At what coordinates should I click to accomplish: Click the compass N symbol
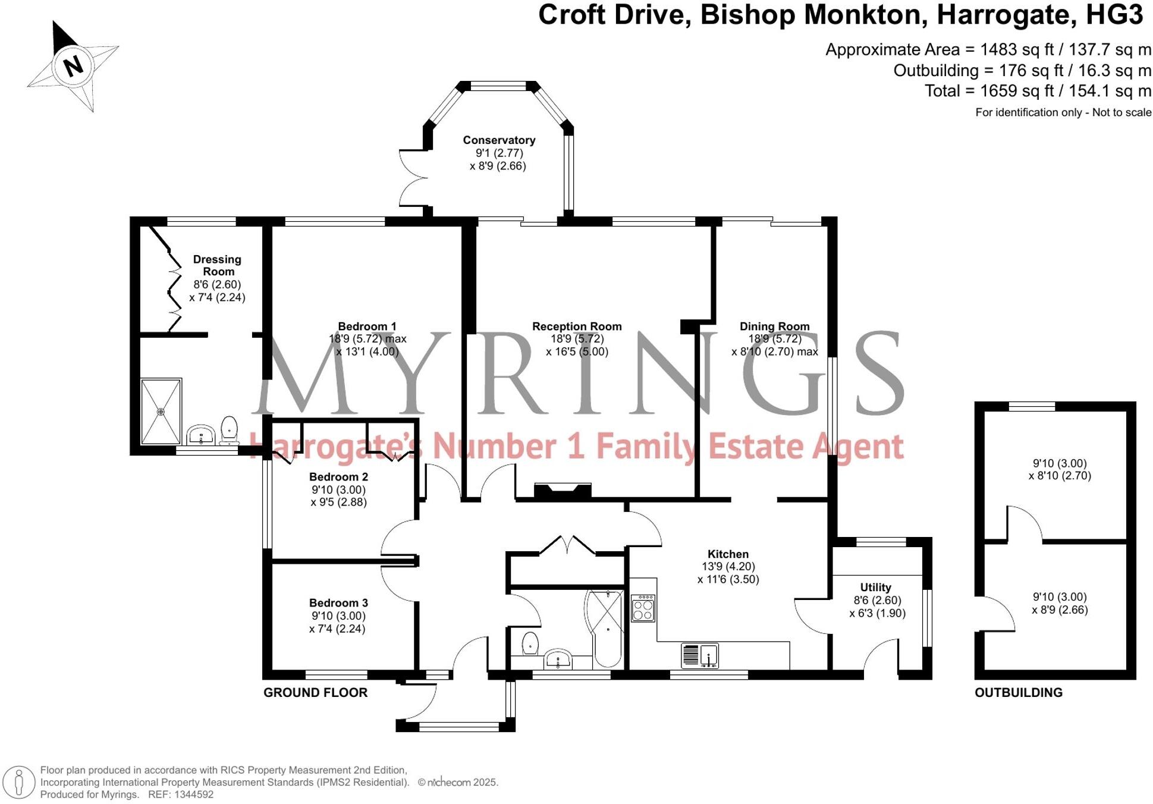73,65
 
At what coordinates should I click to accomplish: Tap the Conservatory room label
499,140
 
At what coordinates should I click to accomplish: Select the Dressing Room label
217,265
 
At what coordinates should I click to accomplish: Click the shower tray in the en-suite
161,412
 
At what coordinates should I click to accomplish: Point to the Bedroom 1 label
367,326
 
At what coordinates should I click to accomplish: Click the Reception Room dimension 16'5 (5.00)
577,351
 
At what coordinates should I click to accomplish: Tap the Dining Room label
774,326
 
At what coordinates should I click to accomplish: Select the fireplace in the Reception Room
563,490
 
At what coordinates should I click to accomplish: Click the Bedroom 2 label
338,477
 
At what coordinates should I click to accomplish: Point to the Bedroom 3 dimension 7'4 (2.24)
337,629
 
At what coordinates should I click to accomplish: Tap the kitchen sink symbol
700,655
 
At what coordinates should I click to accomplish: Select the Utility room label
875,587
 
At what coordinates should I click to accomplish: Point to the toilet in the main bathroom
530,643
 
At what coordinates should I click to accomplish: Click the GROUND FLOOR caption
315,692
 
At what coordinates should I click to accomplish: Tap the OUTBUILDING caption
1018,692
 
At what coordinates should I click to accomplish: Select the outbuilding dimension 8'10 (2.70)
1060,476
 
